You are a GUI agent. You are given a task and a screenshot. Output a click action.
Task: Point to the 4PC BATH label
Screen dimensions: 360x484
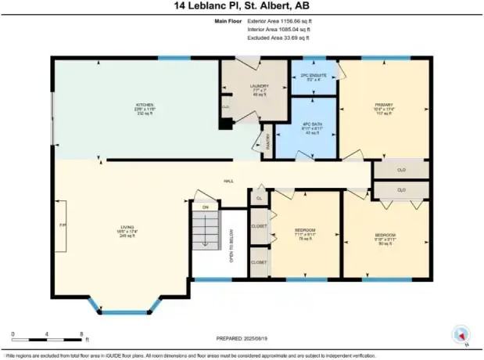(x=313, y=128)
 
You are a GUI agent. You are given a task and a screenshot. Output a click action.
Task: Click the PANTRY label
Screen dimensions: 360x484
(x=267, y=141)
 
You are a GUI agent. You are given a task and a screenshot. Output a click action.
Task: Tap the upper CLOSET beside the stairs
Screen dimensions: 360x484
(x=259, y=226)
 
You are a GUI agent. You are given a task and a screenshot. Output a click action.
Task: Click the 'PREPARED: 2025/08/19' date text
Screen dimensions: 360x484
(x=242, y=338)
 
